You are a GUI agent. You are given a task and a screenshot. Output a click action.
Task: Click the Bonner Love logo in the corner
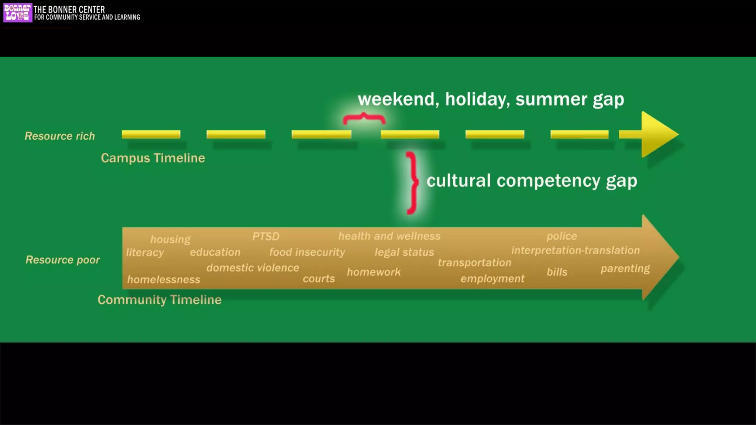tap(17, 13)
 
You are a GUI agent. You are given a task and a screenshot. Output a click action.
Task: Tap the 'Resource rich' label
tap(60, 136)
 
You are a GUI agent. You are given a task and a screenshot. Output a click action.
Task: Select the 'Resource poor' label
tap(63, 260)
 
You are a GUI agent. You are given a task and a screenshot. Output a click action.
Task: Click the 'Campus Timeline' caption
tap(153, 158)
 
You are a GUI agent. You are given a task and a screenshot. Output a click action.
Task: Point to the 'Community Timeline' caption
tap(159, 300)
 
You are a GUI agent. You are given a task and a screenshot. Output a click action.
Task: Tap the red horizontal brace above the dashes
tap(364, 118)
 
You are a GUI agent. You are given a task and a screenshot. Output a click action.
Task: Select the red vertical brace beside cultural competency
tap(412, 183)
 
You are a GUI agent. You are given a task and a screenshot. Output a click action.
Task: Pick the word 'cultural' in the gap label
tap(458, 181)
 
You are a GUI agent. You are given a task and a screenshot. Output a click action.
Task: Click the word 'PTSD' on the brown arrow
tap(266, 236)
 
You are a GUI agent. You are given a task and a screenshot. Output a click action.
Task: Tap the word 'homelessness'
tap(164, 280)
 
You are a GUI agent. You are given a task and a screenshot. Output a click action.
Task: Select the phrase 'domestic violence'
tap(253, 267)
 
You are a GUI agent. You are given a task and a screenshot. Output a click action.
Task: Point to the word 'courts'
tap(319, 279)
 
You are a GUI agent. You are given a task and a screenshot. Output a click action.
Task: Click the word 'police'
tap(561, 236)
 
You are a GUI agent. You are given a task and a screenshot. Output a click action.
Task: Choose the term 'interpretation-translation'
tap(575, 250)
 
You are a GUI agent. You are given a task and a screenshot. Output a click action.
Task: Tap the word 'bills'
tap(557, 272)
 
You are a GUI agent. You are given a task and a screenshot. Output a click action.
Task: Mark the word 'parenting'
tap(625, 269)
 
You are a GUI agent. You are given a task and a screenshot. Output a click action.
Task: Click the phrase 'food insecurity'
tap(307, 252)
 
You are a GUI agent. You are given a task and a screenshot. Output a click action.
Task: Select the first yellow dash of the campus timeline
tap(151, 134)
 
